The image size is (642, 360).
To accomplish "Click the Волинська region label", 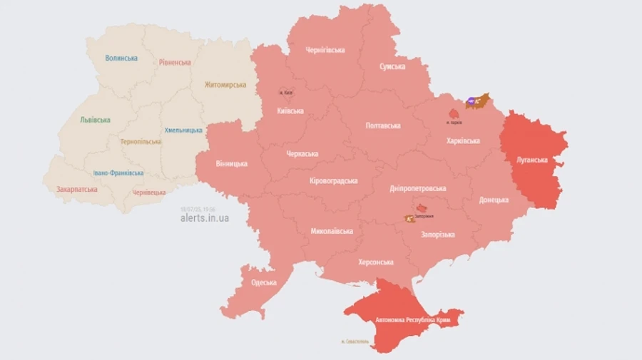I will point(121,58).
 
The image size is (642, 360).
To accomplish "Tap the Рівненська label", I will point(175,62).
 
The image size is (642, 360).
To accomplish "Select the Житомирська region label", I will point(225,85).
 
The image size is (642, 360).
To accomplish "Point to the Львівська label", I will point(95,120).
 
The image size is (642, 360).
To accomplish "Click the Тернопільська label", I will point(141,141).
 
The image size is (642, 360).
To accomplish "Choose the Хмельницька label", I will point(183,130).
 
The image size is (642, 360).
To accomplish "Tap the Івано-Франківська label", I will point(118,173).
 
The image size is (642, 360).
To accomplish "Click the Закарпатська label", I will point(77,190).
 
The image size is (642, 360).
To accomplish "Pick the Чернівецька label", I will point(149,192).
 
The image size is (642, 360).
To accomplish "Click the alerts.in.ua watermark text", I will point(205,218).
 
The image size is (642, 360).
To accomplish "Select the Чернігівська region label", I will point(325,50).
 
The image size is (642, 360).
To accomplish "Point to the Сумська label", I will point(392,66).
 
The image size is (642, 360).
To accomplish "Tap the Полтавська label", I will point(383,125).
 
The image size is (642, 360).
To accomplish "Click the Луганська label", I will point(532,160).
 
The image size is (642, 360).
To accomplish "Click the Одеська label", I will point(264,282).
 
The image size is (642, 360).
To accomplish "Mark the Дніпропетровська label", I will point(418,188).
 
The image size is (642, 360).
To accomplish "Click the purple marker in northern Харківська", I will point(471,102).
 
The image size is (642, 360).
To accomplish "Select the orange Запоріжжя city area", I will point(410,218).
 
